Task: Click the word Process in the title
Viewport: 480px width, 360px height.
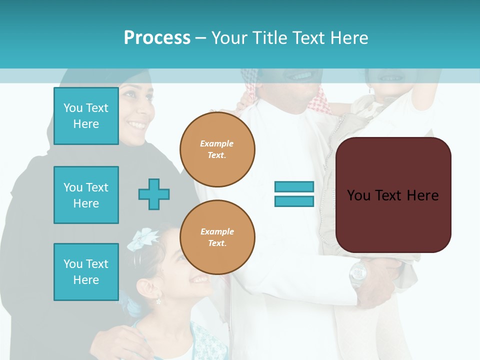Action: click(157, 38)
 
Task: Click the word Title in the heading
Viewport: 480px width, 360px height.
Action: click(268, 38)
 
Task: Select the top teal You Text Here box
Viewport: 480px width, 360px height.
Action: click(86, 116)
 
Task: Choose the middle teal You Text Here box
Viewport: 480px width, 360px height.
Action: click(86, 195)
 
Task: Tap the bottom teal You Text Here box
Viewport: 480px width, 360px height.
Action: click(86, 272)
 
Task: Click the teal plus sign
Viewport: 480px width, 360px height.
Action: click(154, 194)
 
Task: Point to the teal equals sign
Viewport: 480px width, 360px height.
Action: click(294, 194)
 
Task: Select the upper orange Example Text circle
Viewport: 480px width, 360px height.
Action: click(217, 149)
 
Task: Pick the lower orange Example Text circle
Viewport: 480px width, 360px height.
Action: click(217, 237)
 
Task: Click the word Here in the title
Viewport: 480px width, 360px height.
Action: click(348, 38)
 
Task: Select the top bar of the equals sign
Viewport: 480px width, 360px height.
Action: click(294, 187)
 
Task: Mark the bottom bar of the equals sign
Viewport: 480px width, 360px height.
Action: click(294, 201)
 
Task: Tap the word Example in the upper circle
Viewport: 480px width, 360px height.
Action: click(217, 143)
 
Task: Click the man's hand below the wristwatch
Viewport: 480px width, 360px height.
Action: click(375, 295)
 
